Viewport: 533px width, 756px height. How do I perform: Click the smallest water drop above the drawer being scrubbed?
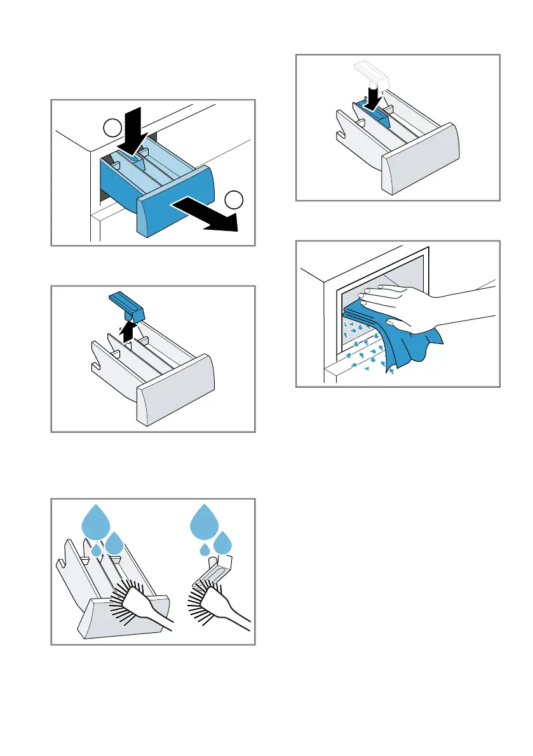[x=96, y=549]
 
